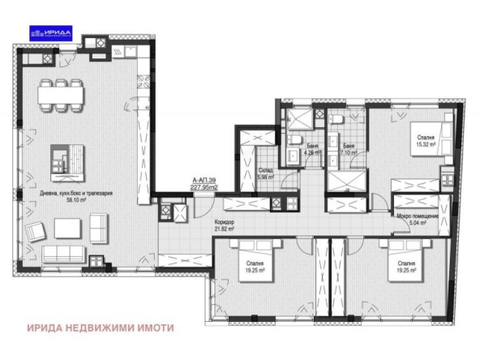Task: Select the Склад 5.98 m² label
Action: click(x=264, y=174)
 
